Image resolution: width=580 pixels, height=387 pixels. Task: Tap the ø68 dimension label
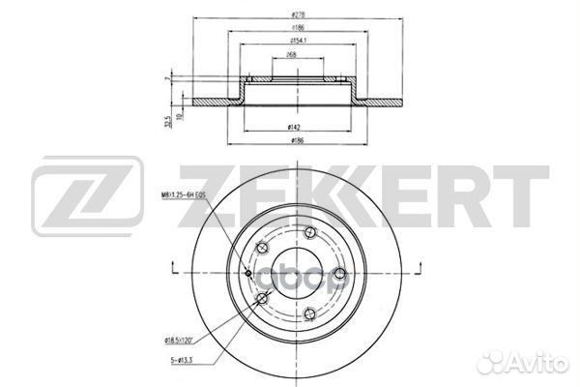291,57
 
